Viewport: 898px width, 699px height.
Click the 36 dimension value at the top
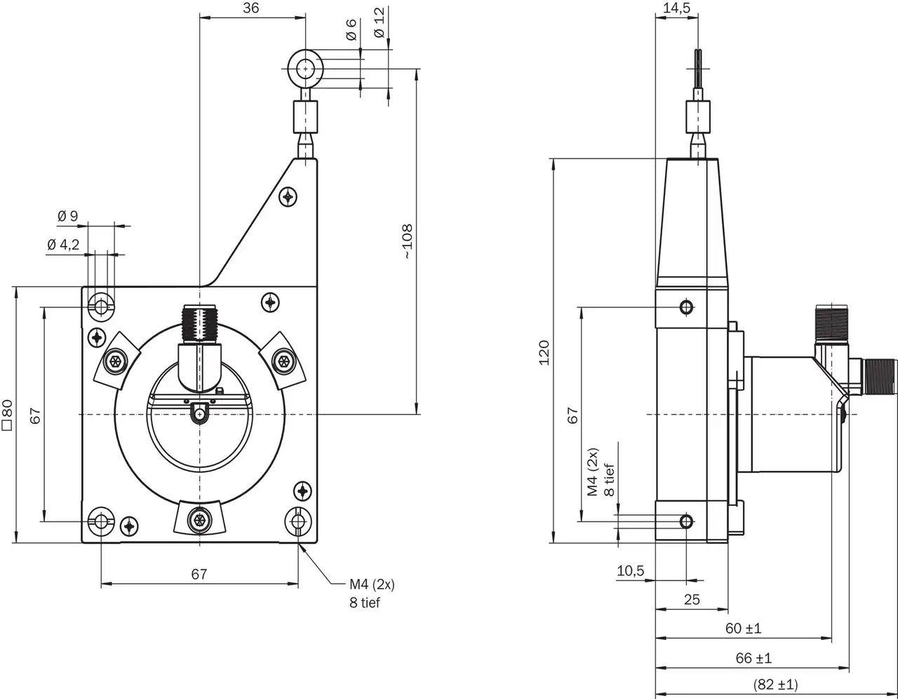[250, 8]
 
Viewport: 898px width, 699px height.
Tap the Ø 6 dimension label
[351, 30]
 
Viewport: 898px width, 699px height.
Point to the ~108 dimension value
[408, 242]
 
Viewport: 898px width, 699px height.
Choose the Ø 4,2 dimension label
[63, 245]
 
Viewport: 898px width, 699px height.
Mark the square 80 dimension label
[7, 414]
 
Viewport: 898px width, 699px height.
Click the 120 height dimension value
[544, 352]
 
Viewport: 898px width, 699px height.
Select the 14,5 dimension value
[676, 8]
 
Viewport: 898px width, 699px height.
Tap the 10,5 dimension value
[630, 571]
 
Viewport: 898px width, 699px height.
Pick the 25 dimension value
[692, 599]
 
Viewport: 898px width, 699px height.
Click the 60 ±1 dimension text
[743, 628]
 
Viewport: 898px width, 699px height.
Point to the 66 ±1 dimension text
[753, 658]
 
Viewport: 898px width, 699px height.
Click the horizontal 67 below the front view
[199, 574]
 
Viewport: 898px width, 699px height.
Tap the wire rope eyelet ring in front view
[305, 68]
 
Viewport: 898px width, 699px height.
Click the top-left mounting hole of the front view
[102, 307]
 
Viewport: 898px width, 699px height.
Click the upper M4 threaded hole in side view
[686, 307]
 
